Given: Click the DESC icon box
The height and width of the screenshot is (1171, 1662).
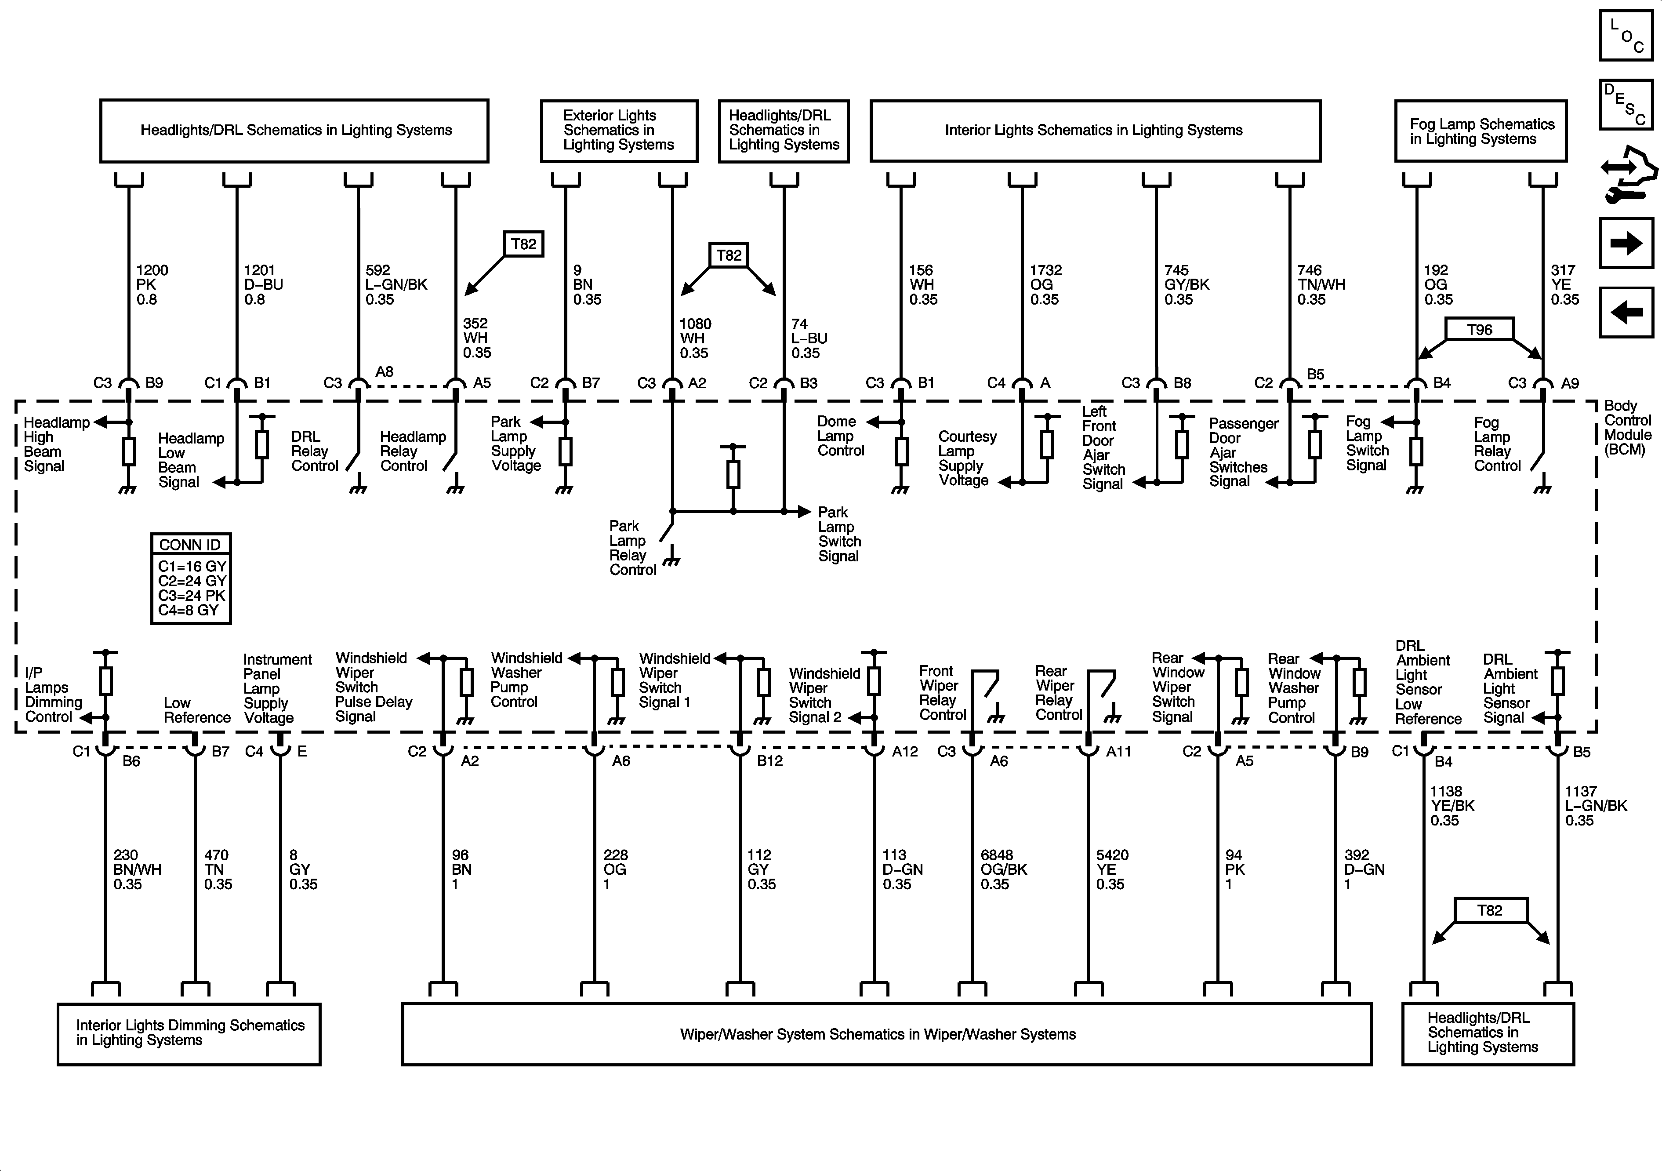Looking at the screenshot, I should point(1626,104).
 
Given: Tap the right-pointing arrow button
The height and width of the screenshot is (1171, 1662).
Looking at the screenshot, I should point(1626,244).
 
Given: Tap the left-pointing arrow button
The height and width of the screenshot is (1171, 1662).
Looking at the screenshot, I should point(1626,312).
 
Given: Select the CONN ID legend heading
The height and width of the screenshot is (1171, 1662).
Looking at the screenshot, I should point(190,545).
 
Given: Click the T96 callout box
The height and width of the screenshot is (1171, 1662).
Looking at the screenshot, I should point(1480,330).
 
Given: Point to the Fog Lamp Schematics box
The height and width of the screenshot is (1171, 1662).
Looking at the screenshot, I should point(1481,131).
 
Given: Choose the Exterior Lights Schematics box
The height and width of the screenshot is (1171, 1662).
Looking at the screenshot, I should point(619,131).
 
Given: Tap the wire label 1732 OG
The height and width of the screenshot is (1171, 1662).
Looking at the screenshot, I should point(1045,284).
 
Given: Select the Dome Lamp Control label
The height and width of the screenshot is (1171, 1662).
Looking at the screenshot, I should point(840,436).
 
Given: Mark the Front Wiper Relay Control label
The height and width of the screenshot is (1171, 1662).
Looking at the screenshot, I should point(942,693).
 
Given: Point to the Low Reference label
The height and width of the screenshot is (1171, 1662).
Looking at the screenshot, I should point(196,710).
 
